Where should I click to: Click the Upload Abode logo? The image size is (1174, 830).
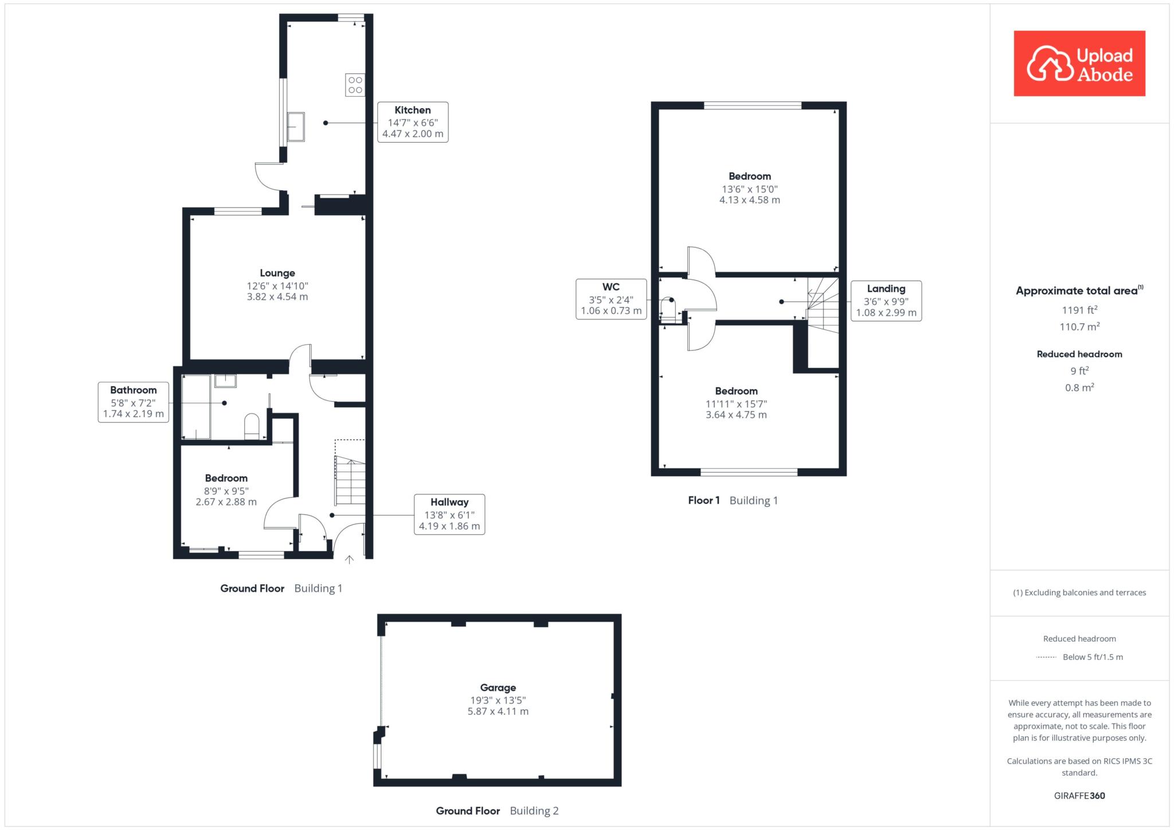click(1079, 64)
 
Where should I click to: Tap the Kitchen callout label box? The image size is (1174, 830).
click(413, 122)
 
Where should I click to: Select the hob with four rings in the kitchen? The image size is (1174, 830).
click(355, 85)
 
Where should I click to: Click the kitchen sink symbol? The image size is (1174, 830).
click(296, 127)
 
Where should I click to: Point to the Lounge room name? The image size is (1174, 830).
click(277, 273)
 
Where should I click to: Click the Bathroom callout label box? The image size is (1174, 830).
click(134, 402)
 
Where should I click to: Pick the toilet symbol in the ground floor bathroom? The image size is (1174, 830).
click(252, 427)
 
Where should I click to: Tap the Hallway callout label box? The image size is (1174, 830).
click(449, 514)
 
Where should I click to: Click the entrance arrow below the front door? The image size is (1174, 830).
click(350, 560)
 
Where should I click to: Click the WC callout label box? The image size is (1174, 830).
click(611, 299)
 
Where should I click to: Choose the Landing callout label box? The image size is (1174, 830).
click(886, 301)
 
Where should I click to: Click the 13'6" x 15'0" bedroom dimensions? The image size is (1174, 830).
click(750, 189)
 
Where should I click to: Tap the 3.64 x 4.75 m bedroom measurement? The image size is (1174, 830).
click(736, 415)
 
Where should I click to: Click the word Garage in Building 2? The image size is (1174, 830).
click(498, 688)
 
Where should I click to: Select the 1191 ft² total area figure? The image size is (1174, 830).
click(1079, 310)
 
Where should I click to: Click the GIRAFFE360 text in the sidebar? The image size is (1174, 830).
click(1079, 796)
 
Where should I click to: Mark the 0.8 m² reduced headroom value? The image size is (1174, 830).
click(1079, 387)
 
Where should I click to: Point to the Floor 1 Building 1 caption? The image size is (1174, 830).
click(733, 501)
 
